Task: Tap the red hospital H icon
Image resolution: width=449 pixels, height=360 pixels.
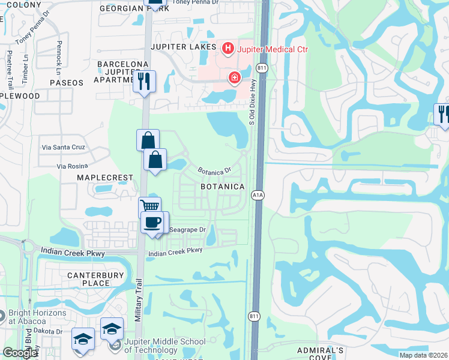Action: click(228, 48)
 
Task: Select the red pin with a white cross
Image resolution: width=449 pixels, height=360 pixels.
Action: click(234, 78)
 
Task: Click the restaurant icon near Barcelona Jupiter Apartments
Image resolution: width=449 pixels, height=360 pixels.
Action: click(144, 81)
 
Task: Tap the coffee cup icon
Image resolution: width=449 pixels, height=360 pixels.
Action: click(152, 223)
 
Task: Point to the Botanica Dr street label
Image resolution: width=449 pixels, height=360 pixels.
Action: click(214, 172)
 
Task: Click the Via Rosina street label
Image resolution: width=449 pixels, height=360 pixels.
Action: click(72, 166)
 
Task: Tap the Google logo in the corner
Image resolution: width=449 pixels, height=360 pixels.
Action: click(20, 353)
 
